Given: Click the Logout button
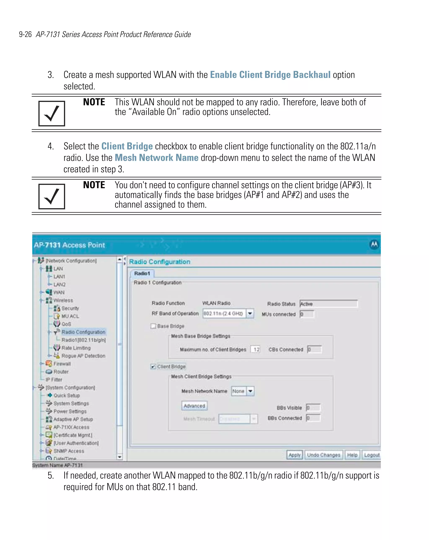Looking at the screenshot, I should click(371, 455).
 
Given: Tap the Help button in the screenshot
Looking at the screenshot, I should click(352, 455).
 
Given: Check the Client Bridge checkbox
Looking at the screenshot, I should click(153, 366).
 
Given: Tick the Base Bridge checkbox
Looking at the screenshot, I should click(153, 326).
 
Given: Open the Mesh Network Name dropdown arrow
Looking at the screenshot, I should click(250, 391).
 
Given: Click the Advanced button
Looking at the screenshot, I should click(194, 406).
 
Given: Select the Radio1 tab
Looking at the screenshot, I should click(142, 273).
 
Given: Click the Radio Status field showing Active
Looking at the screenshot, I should click(328, 304).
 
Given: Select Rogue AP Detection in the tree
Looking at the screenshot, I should click(83, 356).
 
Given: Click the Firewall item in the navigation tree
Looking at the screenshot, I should click(62, 364).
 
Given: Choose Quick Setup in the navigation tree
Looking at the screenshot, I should click(67, 396).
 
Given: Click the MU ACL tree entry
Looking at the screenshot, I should click(70, 316).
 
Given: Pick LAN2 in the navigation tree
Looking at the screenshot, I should click(59, 285).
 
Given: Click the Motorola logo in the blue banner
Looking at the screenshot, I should click(374, 244).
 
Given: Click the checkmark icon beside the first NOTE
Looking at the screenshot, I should click(52, 113).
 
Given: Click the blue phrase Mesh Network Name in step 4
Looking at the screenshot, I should click(156, 158).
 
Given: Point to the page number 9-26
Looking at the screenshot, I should click(25, 34).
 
